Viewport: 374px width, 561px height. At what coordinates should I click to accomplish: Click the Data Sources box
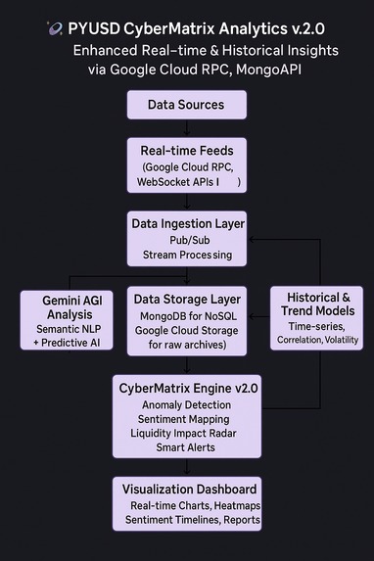186,105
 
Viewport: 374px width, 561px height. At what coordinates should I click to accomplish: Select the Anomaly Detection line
186,404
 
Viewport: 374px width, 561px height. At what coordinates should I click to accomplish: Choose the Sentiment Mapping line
186,418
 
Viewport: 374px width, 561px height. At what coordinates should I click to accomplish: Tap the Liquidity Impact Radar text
186,433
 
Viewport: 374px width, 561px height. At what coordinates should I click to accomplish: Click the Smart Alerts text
186,447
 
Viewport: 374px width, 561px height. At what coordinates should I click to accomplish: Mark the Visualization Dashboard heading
190,489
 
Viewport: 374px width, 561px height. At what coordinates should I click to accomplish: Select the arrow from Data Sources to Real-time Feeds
186,127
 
